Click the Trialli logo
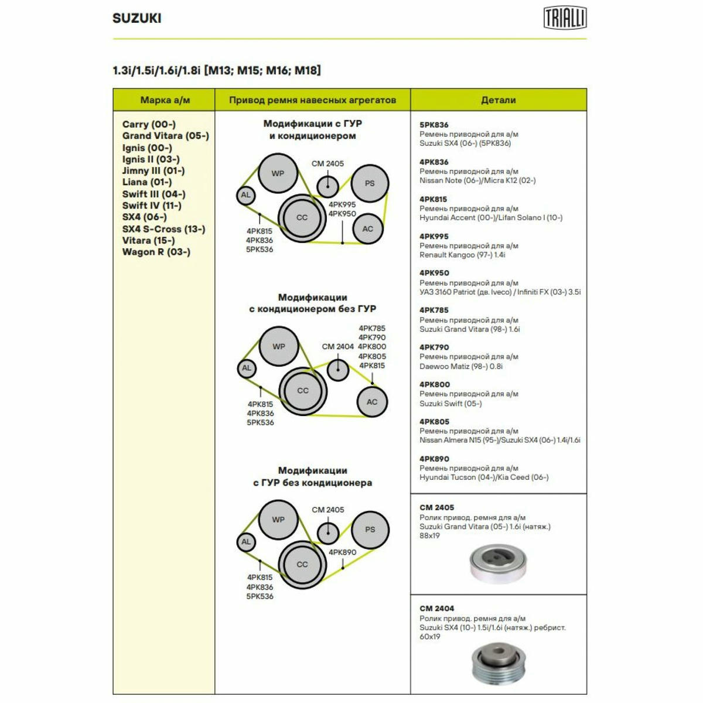coord(565,17)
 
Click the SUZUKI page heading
coord(137,18)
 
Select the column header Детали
coord(499,100)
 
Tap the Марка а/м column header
coord(165,100)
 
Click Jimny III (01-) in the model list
coord(153,170)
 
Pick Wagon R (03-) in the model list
coord(156,252)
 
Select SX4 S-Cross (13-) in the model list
coord(164,229)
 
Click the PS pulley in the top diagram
coord(370,183)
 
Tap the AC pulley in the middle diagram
coord(372,402)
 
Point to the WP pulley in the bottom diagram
coord(278,520)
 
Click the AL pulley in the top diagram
coord(246,195)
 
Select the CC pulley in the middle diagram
coord(303,391)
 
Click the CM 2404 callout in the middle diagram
coord(337,347)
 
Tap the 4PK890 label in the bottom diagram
coord(342,552)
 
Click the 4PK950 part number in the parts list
coord(434,273)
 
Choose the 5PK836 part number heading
coord(434,125)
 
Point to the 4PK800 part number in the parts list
coord(435,384)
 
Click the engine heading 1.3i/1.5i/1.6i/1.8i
coord(156,70)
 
